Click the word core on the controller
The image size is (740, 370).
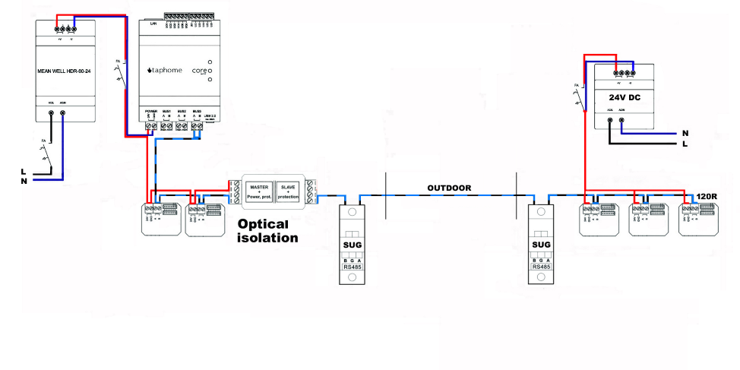coord(198,71)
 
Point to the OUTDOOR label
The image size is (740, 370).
coord(448,188)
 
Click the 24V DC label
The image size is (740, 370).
coord(626,98)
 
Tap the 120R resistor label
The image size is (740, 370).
coord(707,198)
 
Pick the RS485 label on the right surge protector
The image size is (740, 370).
coord(540,267)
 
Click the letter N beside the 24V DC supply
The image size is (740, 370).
coord(685,133)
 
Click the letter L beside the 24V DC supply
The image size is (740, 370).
coord(685,144)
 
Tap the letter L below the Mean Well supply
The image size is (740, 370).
coord(25,172)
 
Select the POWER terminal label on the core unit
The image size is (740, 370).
coord(150,111)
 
